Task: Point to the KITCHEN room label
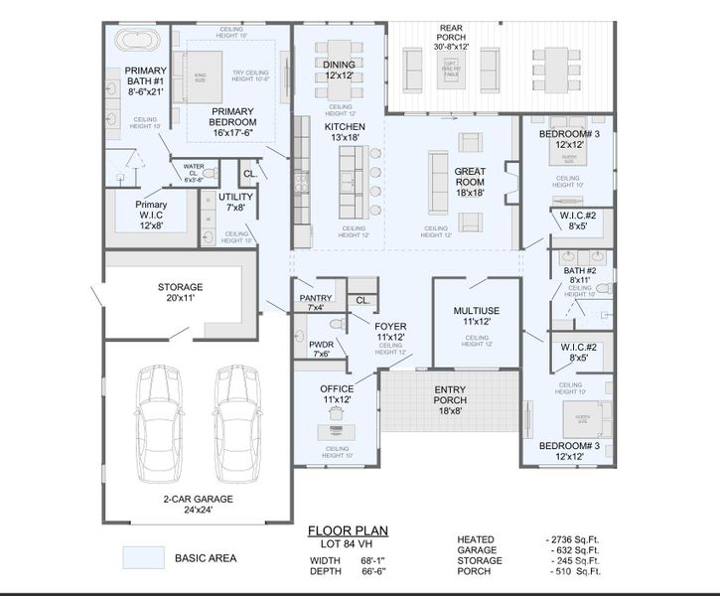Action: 345,132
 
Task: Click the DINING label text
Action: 339,69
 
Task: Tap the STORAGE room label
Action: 180,292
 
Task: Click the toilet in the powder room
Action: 335,324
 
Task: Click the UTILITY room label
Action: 235,202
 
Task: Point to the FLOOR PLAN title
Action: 348,531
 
